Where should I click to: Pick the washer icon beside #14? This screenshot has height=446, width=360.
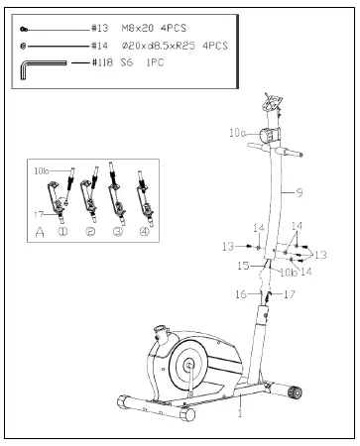point(24,47)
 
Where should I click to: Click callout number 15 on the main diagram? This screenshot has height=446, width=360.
point(242,266)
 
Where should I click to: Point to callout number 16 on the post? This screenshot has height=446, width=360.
point(239,294)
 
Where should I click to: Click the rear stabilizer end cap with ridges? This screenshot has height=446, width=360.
point(295,393)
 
